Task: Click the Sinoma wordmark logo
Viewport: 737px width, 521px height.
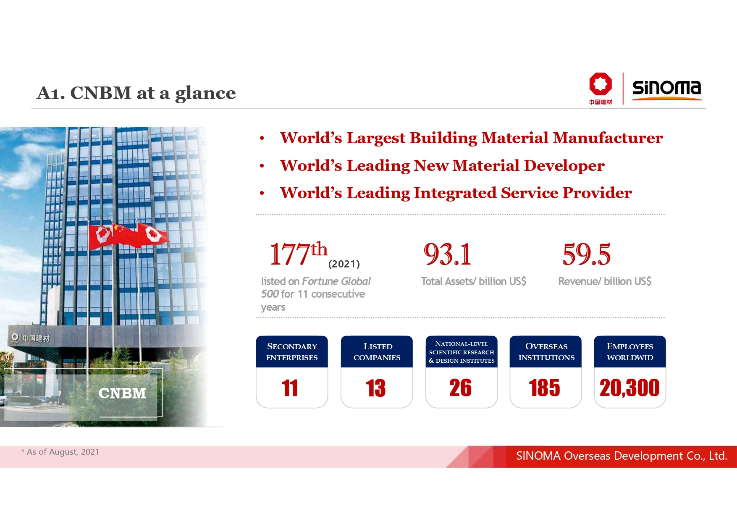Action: (x=666, y=89)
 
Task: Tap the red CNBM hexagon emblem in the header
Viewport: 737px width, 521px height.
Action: (x=600, y=84)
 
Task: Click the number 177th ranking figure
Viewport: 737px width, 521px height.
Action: (x=299, y=254)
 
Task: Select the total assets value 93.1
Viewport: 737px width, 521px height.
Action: (x=447, y=254)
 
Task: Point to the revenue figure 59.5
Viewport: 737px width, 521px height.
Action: (x=586, y=254)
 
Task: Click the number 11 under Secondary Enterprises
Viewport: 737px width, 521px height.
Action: (x=290, y=388)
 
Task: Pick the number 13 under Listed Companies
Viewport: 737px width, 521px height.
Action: (x=376, y=388)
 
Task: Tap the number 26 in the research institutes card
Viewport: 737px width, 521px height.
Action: (x=460, y=387)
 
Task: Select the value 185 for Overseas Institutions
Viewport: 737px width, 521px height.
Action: (x=545, y=387)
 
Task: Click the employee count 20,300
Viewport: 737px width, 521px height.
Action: (x=629, y=387)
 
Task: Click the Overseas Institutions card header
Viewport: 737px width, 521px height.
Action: (x=546, y=352)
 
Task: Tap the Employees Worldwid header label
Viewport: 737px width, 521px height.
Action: (x=630, y=352)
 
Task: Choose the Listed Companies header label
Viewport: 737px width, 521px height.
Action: (x=377, y=352)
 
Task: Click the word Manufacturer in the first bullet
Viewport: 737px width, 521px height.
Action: (x=608, y=138)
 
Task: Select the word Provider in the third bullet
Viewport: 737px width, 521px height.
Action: (x=597, y=193)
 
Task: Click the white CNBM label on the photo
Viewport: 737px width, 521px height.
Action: (x=122, y=393)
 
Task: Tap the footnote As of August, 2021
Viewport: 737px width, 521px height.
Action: (x=60, y=452)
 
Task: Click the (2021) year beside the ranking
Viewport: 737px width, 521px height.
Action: (x=344, y=264)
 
